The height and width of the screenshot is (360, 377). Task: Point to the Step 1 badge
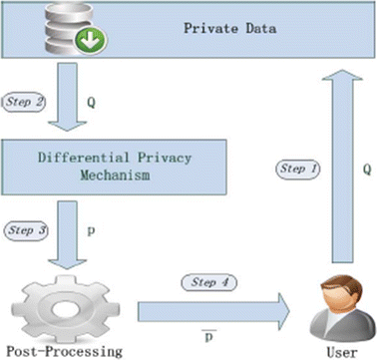pos(299,171)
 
